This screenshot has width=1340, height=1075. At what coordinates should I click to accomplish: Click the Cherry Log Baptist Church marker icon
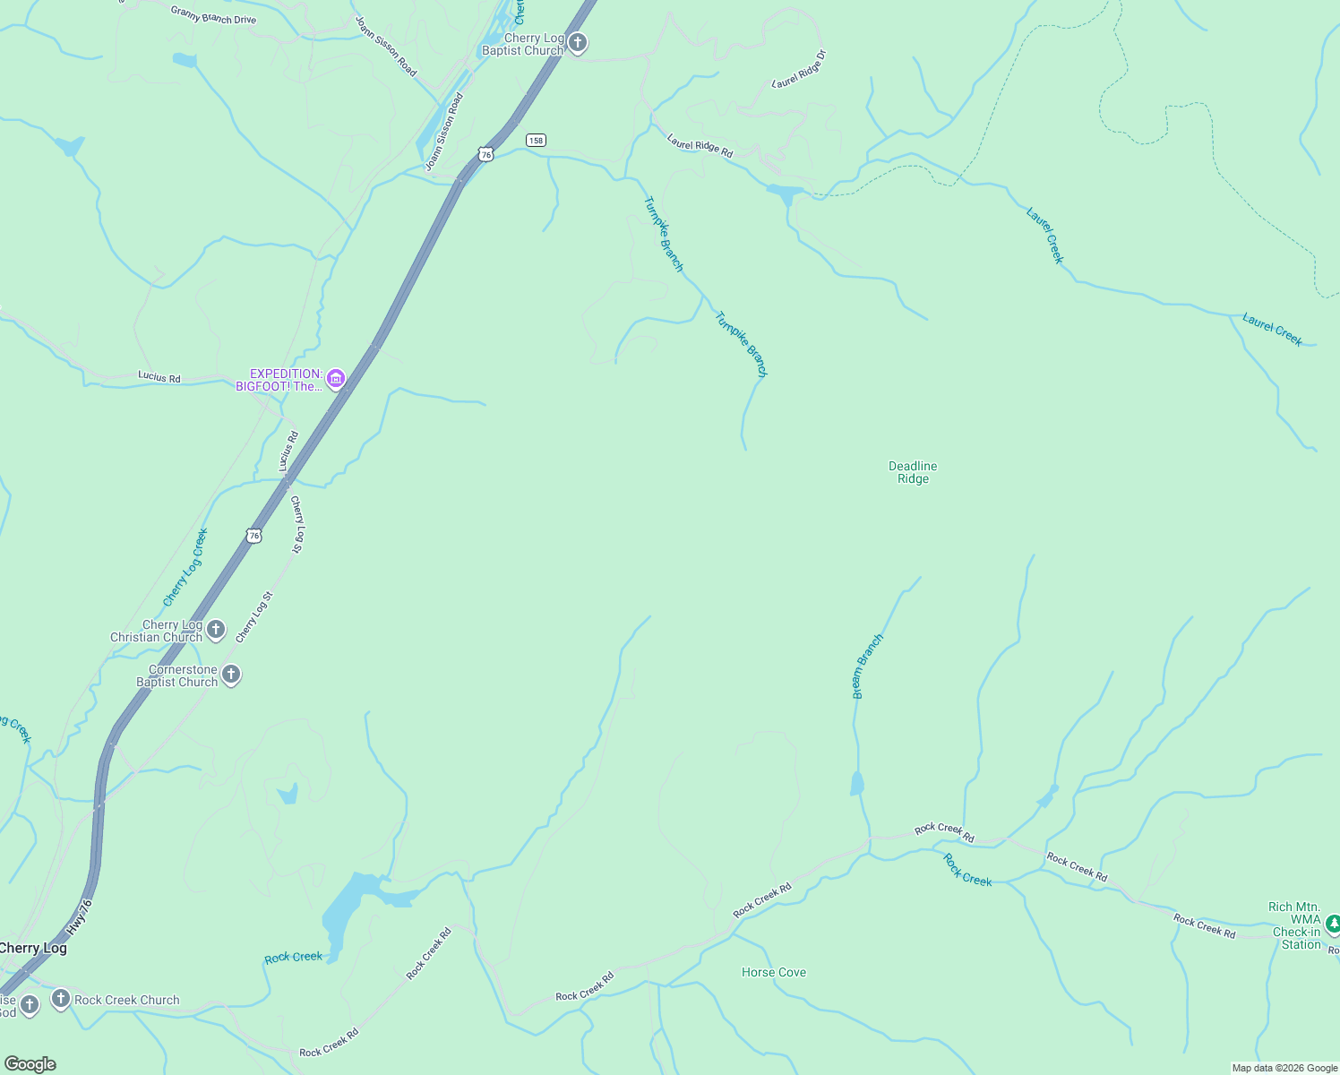point(578,42)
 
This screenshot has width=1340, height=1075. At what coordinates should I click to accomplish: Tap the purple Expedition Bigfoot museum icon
point(336,379)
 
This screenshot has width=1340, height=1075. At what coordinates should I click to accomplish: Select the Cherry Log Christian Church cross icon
point(216,630)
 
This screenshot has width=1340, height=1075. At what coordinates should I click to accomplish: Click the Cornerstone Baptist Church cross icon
point(231,675)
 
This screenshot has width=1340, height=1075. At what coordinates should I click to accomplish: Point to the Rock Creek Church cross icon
point(61,998)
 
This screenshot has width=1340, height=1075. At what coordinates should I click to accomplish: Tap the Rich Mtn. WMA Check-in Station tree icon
point(1332,923)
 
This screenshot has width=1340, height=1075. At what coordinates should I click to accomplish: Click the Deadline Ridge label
point(913,472)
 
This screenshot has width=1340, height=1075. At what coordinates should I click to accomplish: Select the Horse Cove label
point(774,972)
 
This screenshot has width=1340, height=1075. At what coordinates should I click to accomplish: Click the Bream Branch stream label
point(866,666)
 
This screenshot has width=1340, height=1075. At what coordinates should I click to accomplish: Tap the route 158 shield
point(536,140)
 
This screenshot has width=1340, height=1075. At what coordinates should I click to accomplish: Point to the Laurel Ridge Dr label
point(798,69)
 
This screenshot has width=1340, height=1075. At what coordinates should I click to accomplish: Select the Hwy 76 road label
point(79,918)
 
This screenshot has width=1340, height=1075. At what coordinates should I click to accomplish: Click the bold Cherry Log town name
point(33,948)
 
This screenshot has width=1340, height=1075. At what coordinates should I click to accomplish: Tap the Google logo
point(30,1063)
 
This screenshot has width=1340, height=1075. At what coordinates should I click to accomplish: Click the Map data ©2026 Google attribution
point(1284,1068)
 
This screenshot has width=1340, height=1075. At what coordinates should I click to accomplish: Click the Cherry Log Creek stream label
point(185,567)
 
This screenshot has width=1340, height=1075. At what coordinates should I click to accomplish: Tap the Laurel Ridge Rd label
point(700,146)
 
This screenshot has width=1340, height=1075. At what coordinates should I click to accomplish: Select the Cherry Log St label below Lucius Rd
point(297,524)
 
